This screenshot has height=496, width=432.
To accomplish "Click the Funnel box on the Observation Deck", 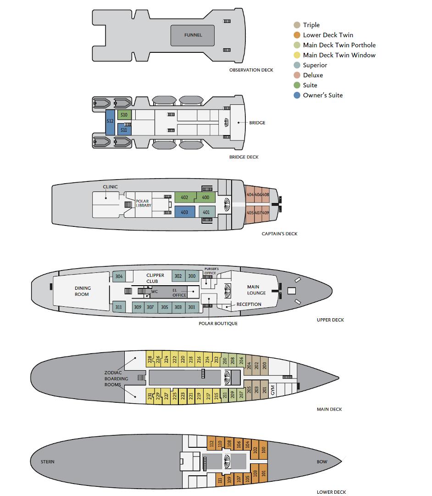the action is point(192,35).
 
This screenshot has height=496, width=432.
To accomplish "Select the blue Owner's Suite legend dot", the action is point(297,95).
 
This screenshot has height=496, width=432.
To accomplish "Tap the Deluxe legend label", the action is point(313,75).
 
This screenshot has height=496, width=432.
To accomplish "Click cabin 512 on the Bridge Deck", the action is point(110,123).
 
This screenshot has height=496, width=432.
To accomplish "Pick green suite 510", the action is point(124,115).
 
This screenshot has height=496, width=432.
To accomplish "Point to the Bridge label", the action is point(257,123).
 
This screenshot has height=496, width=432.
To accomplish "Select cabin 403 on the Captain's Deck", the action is point(184,212).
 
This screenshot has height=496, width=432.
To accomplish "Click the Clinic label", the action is point(110,187).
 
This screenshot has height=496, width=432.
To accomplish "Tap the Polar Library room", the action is point(144,204).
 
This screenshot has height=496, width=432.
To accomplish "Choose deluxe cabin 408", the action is point(266,195).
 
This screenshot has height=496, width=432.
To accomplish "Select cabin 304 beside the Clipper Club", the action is point(119,276).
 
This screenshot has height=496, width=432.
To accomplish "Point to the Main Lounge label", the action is point(256,290).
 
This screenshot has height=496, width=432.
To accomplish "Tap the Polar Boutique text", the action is point(218,323).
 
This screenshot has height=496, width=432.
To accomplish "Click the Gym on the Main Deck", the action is point(273,390).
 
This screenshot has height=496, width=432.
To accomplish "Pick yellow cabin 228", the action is point(150,359).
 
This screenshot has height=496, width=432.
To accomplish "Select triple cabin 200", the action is point(265,366).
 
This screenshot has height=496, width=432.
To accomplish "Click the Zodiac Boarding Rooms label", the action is point(116,378).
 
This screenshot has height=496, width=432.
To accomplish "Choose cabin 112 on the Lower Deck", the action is point(211,444).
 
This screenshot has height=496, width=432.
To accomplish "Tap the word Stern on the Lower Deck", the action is point(47,462).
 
